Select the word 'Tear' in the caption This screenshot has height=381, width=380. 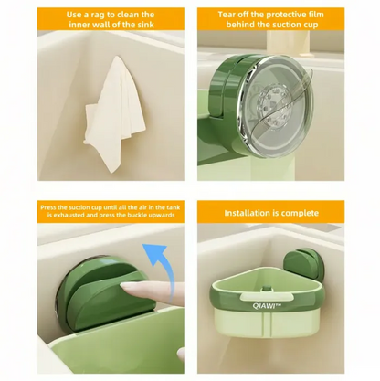[230, 15]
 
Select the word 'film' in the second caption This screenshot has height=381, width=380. [326, 15]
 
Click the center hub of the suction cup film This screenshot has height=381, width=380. [274, 93]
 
